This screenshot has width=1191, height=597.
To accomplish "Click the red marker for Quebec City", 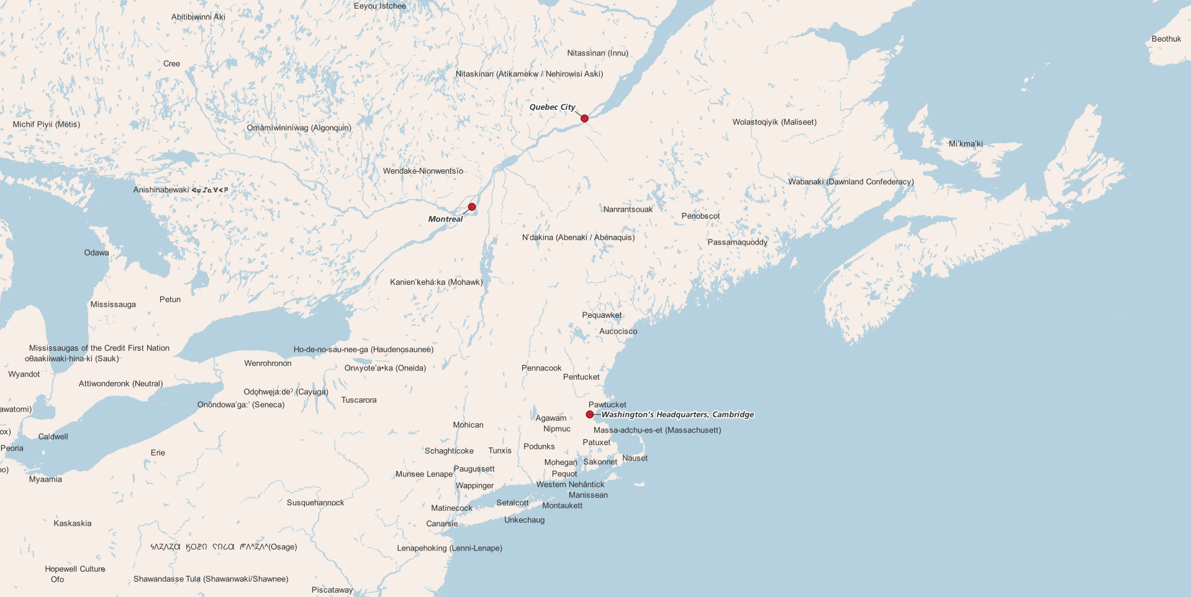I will pos(584,119).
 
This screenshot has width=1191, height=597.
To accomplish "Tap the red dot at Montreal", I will pos(472,207).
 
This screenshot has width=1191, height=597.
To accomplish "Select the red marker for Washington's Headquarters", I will pos(590,415).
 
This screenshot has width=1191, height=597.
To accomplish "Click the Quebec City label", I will pos(552,107).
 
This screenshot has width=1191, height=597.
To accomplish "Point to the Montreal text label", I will pos(445,219).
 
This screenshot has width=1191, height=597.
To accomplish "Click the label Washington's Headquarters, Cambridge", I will pos(677,415).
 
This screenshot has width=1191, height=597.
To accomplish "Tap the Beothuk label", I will pos(1166,39).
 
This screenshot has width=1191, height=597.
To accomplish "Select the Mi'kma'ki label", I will pos(966,144).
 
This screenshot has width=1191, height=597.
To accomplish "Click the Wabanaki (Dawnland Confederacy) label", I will pos(851,182).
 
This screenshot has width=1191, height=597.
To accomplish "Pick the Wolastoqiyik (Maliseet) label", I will pos(774,122).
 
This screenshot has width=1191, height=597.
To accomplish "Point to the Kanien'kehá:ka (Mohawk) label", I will pos(436,282).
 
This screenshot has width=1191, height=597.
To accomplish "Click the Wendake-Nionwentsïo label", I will pos(423,171).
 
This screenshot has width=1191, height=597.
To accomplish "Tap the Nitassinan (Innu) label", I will pos(597,53).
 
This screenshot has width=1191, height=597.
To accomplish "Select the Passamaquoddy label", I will pos(738,243).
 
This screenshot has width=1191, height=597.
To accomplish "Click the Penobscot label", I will pos(700,217).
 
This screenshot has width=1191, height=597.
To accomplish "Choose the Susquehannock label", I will pos(315,503).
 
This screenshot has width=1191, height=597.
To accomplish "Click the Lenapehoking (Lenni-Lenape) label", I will pos(450,549).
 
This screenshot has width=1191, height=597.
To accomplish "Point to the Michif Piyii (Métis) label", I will pos(47,125).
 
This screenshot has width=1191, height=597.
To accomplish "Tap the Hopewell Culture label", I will pos(75,569).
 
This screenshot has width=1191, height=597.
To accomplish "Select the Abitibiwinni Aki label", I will pos(198,17).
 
